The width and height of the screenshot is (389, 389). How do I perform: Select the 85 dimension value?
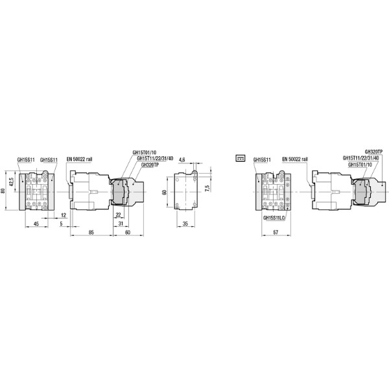[90, 231]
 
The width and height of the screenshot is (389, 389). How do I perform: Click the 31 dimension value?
[121, 224]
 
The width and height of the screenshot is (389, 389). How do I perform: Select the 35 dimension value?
[185, 224]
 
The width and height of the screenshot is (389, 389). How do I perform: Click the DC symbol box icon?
[240, 158]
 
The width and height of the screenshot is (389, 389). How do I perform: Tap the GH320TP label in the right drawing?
[373, 152]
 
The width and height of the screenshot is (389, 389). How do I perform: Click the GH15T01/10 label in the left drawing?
[144, 152]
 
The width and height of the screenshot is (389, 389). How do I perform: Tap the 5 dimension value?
[62, 224]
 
